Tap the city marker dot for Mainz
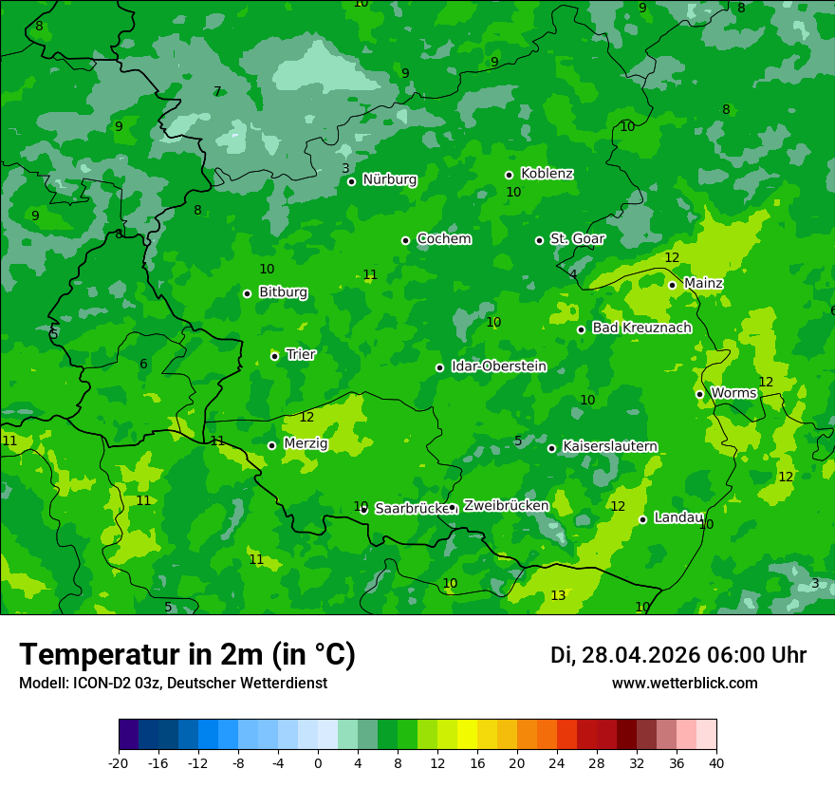coord(672,285)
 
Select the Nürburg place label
coord(389,179)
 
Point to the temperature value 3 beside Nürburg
coord(345,168)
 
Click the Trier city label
coord(301,354)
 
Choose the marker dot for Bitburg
coord(247,293)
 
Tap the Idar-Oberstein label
coord(498,366)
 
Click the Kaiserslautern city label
coord(609,446)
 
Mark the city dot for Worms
coord(699,394)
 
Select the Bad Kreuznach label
coord(641,328)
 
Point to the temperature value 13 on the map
coord(558,595)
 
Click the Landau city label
coord(678,518)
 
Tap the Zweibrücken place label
coord(506,506)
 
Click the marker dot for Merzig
coord(271,445)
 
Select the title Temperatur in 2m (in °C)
coord(187,655)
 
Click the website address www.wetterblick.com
coord(684,684)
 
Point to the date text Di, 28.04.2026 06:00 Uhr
coord(677,655)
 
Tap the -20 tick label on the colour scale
coord(119,763)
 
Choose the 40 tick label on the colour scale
coord(716,763)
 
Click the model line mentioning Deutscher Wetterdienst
coord(173,684)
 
